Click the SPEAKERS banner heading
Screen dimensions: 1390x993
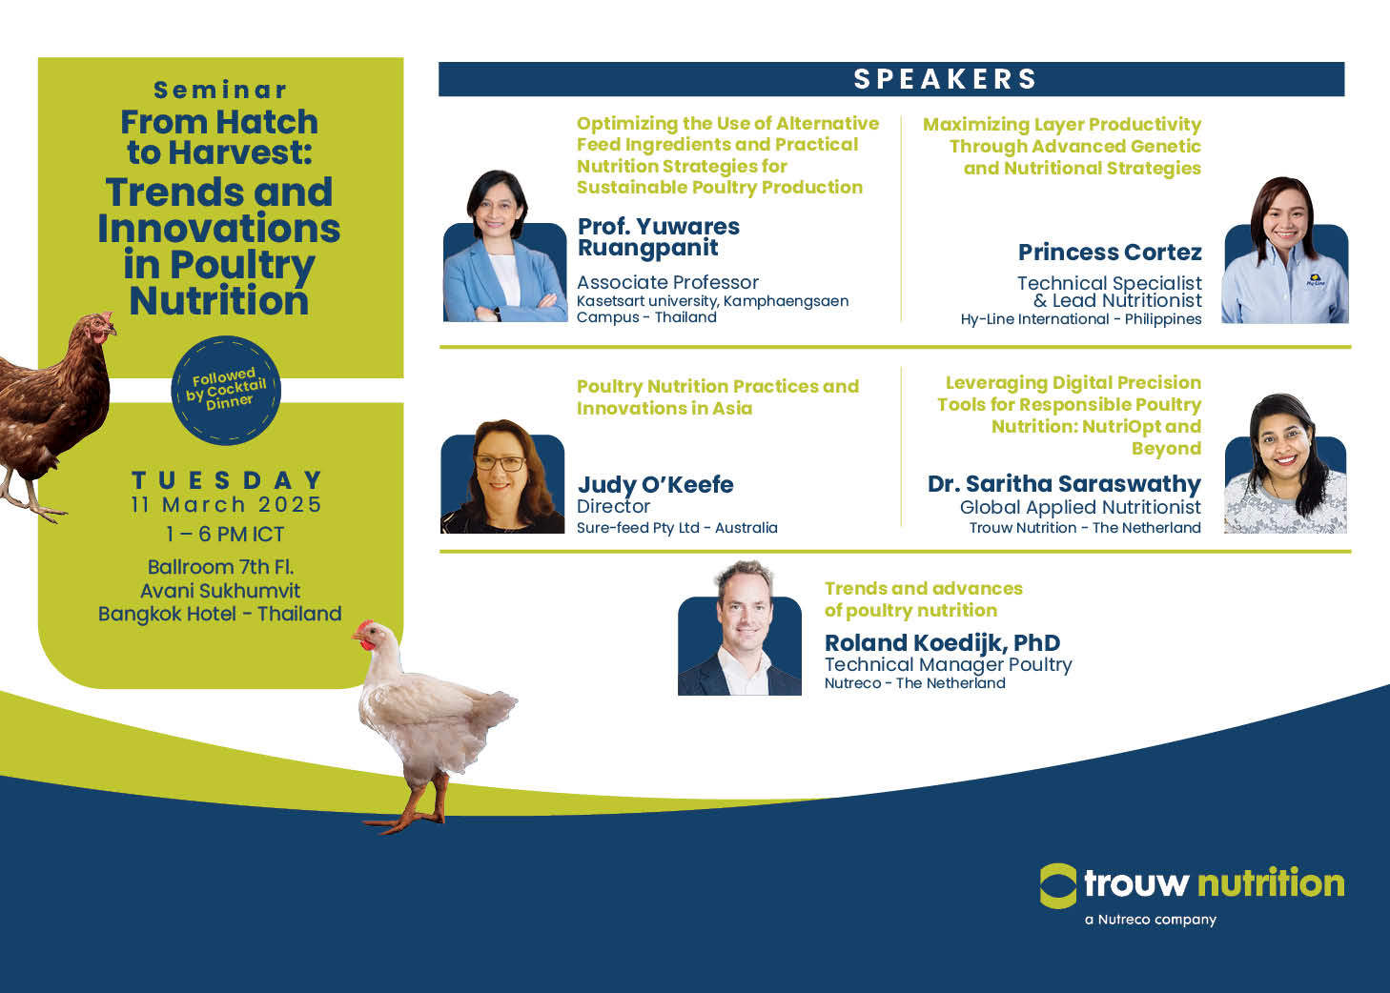pos(945,79)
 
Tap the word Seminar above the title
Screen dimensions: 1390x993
pos(220,90)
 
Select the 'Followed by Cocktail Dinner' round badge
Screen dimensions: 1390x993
pos(226,390)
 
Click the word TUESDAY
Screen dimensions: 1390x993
pos(227,480)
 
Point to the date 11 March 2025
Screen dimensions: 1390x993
pos(227,505)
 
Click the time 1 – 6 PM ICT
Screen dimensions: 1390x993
pos(225,534)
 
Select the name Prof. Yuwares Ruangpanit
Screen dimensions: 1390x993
pos(659,237)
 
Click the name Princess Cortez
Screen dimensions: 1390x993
pos(1110,252)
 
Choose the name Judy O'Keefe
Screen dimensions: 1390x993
pos(655,484)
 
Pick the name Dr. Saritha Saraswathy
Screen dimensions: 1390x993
pos(1064,484)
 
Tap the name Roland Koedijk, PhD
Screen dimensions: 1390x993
pos(942,642)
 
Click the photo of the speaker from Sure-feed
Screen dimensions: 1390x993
pos(502,476)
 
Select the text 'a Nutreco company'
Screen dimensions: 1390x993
pos(1151,920)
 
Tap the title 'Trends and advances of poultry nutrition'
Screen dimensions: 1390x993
pos(924,599)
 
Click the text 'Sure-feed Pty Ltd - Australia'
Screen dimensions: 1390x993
pos(677,528)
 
